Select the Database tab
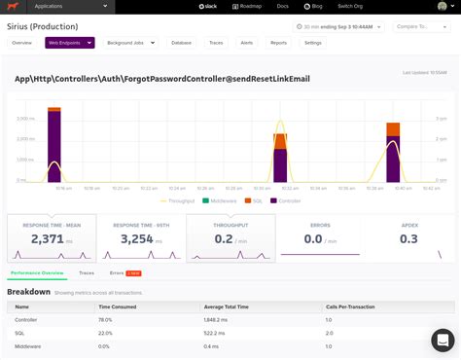click(181, 43)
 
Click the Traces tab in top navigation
click(216, 43)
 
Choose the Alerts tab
click(247, 43)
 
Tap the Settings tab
click(312, 43)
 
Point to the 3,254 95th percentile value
click(136, 238)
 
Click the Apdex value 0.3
click(408, 238)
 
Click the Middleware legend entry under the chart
click(223, 200)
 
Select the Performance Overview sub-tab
click(37, 273)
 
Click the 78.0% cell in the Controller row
click(106, 318)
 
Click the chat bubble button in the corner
click(443, 341)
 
